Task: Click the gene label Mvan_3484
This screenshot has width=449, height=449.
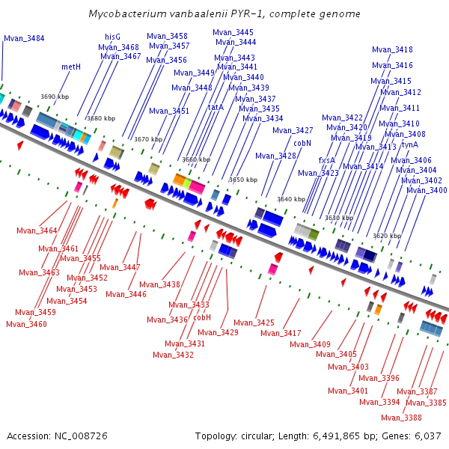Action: tap(24, 38)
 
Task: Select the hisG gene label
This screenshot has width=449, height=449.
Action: tap(112, 37)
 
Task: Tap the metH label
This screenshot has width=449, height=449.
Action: tap(71, 67)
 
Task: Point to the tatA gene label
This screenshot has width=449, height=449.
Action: tap(216, 108)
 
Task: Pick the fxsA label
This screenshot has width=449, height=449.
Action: tap(326, 160)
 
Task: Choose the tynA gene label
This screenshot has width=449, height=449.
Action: tap(409, 144)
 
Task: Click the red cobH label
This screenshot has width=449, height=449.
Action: tap(202, 317)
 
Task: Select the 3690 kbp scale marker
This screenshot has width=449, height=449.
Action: tap(54, 97)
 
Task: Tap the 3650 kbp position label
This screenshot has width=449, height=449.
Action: tap(242, 180)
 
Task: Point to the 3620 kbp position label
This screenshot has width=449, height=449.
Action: tap(386, 236)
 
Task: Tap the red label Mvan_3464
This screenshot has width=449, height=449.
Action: tap(37, 230)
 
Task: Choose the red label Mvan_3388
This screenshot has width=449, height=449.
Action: tap(401, 418)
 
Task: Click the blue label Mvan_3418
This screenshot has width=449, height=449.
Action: tap(392, 50)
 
